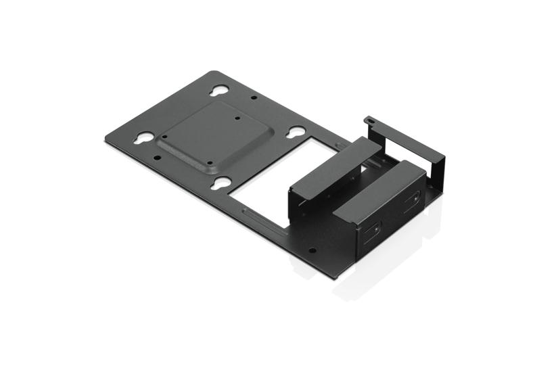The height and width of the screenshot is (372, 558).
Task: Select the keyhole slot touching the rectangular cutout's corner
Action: [x=294, y=133]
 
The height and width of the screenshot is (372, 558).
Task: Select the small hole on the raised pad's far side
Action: [x=238, y=117]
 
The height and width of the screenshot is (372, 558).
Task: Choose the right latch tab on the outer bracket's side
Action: [x=410, y=203]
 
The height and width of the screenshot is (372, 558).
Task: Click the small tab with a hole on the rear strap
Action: [x=369, y=120]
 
